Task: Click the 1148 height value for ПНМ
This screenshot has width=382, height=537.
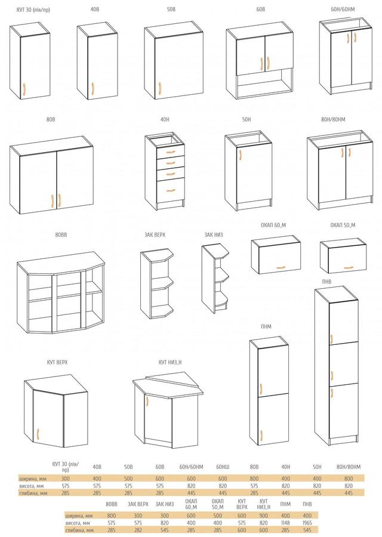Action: [x=285, y=523]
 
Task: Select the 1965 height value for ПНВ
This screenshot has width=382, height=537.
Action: [x=307, y=523]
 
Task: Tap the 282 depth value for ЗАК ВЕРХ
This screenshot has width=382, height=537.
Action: [x=138, y=530]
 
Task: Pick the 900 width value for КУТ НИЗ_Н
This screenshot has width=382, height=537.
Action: [x=263, y=516]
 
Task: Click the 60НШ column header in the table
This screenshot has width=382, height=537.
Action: [x=223, y=467]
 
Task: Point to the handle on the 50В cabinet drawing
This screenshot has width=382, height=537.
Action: [x=159, y=88]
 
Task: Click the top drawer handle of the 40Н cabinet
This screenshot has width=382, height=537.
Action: [x=171, y=152]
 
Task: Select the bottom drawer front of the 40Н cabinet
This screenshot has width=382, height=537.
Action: [x=171, y=190]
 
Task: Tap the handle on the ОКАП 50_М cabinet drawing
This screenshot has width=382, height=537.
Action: [x=347, y=267]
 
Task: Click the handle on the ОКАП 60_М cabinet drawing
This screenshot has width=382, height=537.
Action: [x=281, y=267]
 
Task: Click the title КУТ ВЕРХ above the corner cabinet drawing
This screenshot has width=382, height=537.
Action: [x=57, y=362]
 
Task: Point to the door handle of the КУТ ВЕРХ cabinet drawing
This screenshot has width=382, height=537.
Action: [x=38, y=434]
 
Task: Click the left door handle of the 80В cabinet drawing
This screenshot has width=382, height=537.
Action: [x=53, y=201]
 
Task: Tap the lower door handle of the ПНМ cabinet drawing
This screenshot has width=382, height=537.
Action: [x=261, y=436]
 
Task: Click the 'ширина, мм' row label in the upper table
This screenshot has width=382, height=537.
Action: [x=33, y=479]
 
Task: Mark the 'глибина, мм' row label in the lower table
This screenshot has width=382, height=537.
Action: [x=79, y=530]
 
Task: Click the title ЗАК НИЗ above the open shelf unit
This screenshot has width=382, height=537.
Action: [x=214, y=235]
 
